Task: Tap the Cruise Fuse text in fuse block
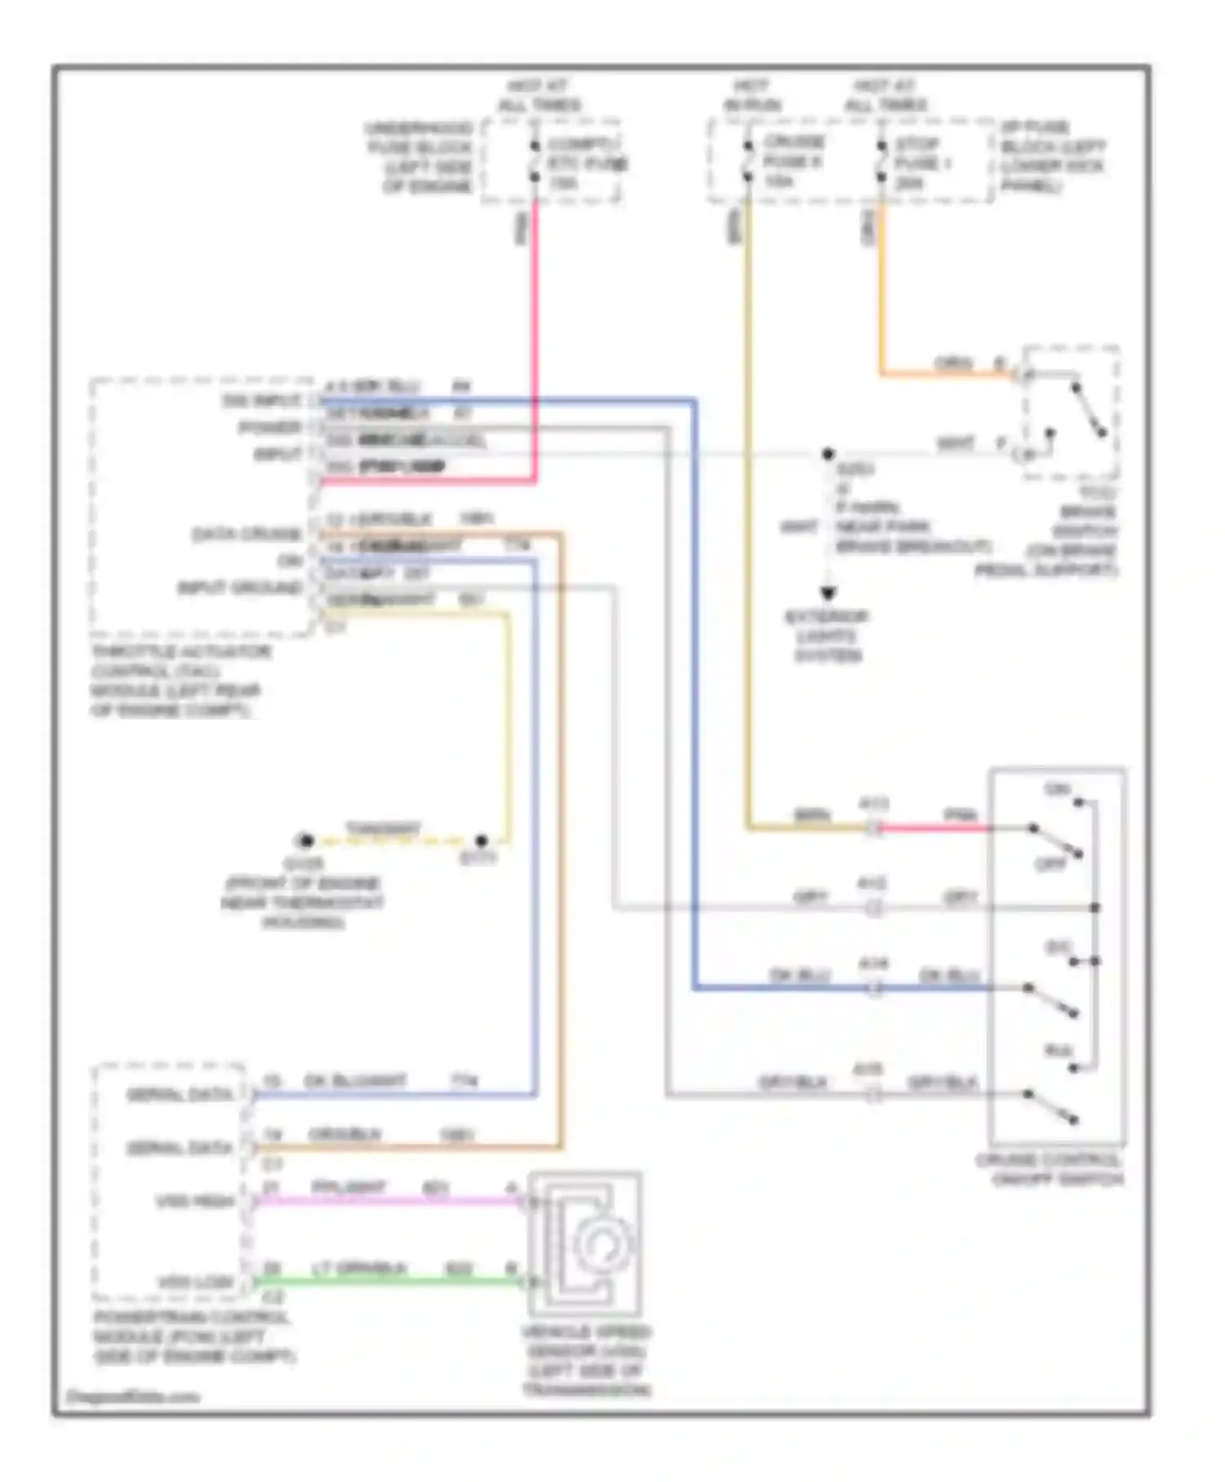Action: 792,161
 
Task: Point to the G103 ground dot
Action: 305,840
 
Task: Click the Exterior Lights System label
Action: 826,636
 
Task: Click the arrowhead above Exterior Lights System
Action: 828,594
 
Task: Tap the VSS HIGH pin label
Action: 195,1202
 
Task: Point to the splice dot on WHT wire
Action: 828,453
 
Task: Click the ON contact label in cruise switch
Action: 1057,789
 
